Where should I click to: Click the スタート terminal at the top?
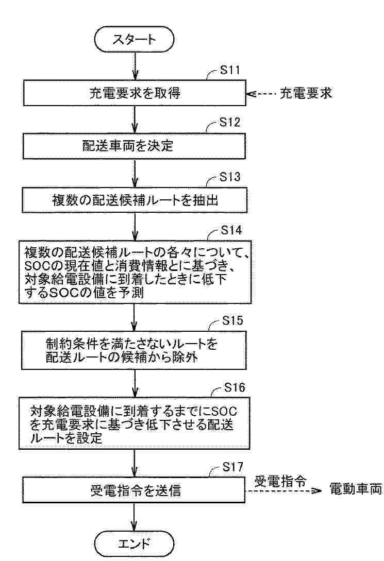coord(134,39)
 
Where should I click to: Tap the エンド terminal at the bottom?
coord(134,544)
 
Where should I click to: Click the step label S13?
coord(230,177)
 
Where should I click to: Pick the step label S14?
coord(231,230)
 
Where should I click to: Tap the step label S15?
coord(232,320)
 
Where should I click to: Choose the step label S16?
coord(235,387)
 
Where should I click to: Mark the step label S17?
coord(232,467)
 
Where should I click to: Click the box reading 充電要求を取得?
coord(135,93)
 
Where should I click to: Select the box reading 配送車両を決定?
coord(134,146)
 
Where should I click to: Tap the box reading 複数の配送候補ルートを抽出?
coord(135,200)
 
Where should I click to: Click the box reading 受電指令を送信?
coord(134,490)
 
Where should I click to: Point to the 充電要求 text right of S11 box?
coord(306,93)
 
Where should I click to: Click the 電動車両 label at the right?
coord(356,489)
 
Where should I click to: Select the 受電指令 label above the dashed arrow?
coord(280,482)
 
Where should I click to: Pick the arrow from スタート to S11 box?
coord(135,66)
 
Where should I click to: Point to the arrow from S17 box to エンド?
coord(134,517)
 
